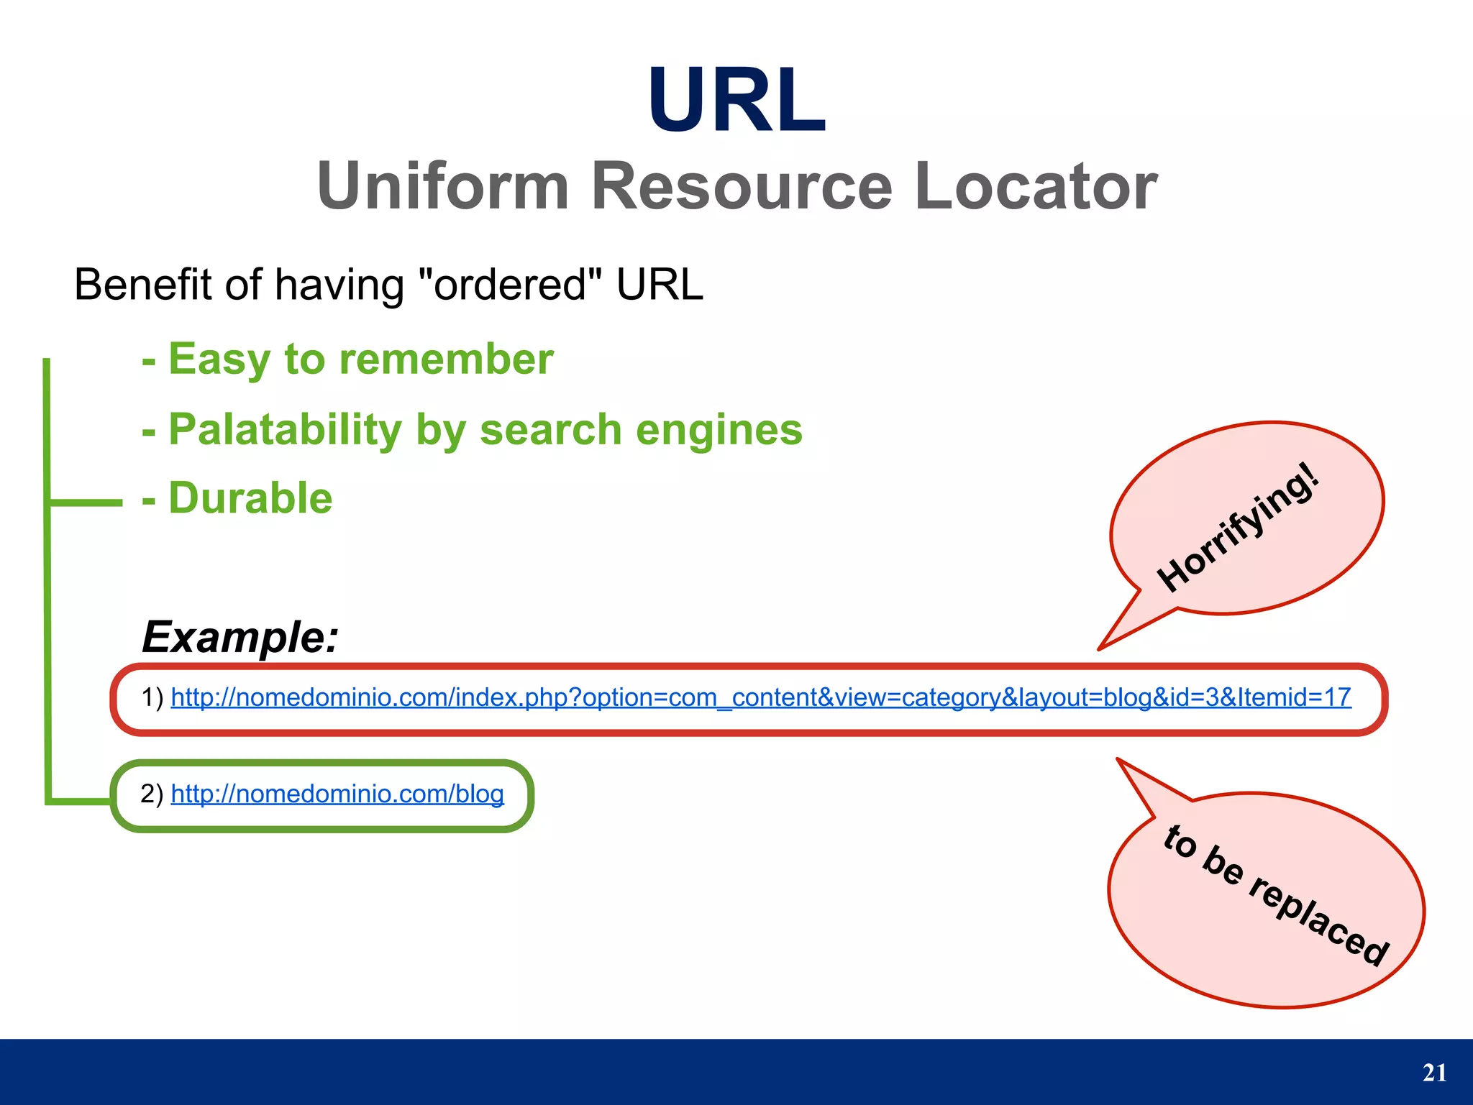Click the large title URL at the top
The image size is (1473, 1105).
click(x=736, y=101)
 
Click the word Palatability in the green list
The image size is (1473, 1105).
click(x=285, y=430)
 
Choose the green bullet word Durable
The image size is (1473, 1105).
click(x=250, y=498)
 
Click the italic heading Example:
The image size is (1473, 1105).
click(x=240, y=637)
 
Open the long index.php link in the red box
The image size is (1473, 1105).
click(x=761, y=697)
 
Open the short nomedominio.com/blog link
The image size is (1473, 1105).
click(x=337, y=794)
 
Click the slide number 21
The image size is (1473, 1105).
click(x=1434, y=1073)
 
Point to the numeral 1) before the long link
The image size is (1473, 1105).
click(x=152, y=697)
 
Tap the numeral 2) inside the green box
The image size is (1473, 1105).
click(x=152, y=794)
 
